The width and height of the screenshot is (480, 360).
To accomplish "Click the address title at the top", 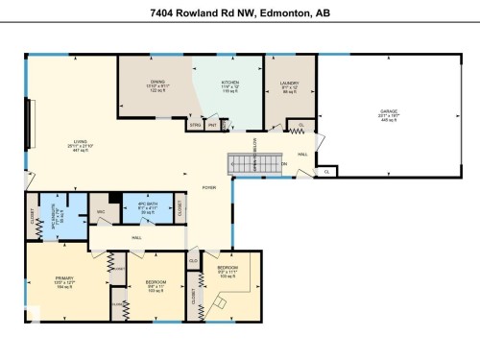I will point(240,13).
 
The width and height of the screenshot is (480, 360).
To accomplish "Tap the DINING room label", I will point(158,86).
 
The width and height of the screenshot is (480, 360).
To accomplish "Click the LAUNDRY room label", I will point(290,86).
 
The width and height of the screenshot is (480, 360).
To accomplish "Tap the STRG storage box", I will point(195,125).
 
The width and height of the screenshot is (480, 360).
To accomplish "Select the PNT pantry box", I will point(212,125).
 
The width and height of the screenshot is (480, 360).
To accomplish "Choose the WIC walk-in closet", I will point(101,211).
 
